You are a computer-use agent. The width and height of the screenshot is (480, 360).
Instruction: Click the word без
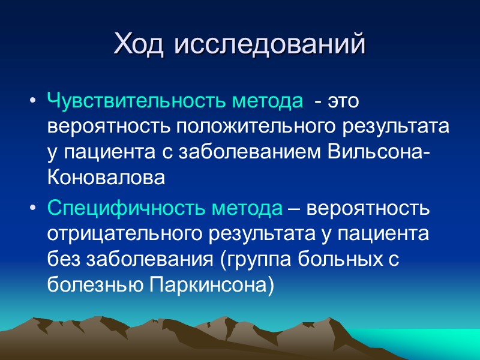point(63,260)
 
